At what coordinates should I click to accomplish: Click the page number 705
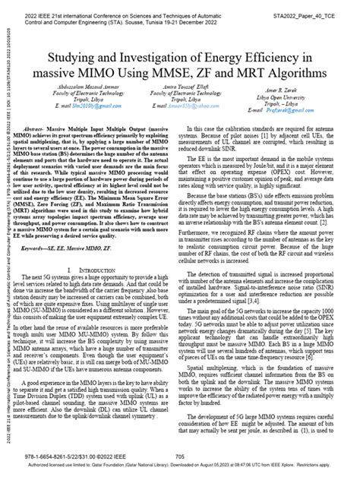pyautogui.click(x=180, y=457)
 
